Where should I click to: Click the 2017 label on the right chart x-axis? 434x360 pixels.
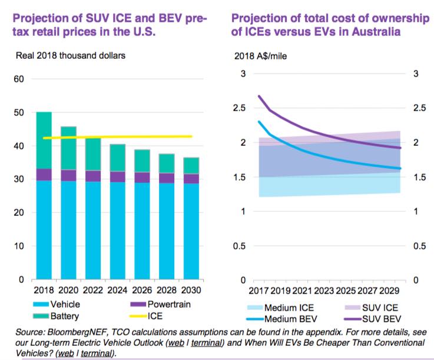point(259,291)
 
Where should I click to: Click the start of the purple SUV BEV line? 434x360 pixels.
point(259,96)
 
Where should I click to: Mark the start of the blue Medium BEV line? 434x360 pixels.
point(259,122)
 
